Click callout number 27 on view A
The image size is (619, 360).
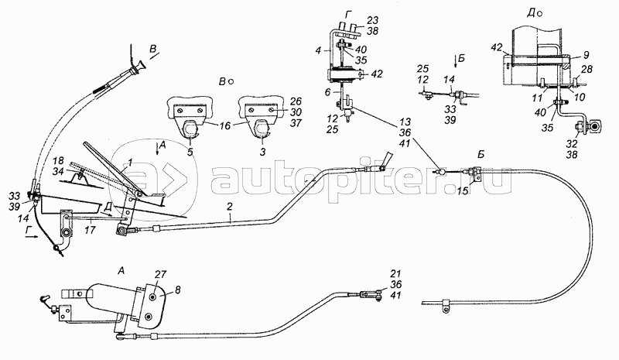(161, 275)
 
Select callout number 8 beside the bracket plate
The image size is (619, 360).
(178, 290)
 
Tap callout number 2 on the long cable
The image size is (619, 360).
(229, 206)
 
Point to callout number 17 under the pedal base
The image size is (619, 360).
(90, 230)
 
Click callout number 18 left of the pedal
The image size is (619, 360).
(59, 160)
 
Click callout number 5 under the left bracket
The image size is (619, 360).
(190, 153)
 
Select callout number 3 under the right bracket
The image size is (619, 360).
(262, 153)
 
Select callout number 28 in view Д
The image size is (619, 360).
(587, 70)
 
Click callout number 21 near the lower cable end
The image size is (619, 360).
(396, 273)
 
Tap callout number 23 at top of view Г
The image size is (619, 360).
(372, 20)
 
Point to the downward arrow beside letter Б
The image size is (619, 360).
(456, 61)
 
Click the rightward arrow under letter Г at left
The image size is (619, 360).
(32, 237)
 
